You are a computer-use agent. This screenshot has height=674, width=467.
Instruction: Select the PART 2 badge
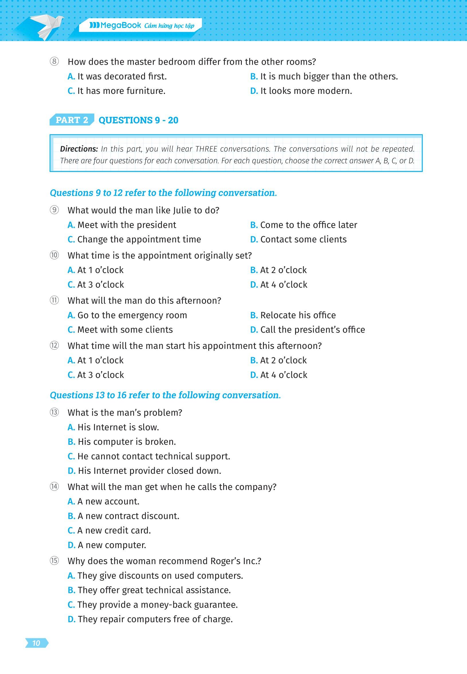click(72, 120)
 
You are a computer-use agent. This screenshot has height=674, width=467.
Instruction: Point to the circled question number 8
click(54, 62)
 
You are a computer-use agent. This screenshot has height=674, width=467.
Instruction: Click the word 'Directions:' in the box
click(79, 149)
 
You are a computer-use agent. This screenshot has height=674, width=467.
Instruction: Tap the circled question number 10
click(54, 256)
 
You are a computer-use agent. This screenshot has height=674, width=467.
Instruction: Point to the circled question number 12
click(54, 346)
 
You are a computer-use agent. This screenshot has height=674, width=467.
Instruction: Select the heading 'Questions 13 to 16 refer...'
click(165, 395)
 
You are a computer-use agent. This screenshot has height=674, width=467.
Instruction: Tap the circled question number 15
click(54, 561)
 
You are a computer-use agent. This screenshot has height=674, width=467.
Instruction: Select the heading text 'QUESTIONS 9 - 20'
click(138, 120)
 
